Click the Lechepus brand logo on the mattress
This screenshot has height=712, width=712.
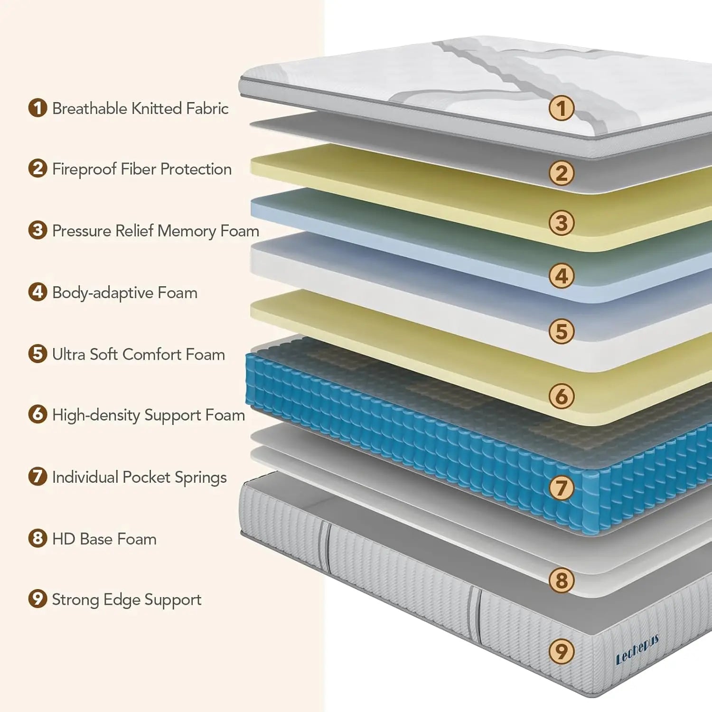(637, 649)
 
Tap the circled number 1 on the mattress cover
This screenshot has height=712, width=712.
(562, 108)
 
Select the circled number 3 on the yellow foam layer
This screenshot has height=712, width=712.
(562, 223)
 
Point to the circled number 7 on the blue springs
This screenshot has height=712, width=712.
(562, 487)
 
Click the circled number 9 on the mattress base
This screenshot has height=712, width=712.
(562, 651)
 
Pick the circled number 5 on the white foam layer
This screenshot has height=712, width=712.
(562, 331)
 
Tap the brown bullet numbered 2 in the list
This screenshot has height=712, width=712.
(37, 169)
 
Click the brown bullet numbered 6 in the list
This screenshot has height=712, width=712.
(37, 414)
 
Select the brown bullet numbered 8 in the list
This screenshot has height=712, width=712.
(37, 538)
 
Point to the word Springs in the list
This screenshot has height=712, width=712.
(200, 478)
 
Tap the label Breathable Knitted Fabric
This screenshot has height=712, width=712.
(140, 109)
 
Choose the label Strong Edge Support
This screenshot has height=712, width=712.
(126, 600)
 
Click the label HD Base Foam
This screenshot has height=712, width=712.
(104, 539)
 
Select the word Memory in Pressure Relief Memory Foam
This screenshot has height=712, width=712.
(187, 231)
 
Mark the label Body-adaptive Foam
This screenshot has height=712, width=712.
(124, 293)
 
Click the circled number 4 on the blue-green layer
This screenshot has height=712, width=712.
(562, 276)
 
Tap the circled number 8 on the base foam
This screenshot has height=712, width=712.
(562, 580)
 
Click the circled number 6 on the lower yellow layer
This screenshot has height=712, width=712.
(562, 396)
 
